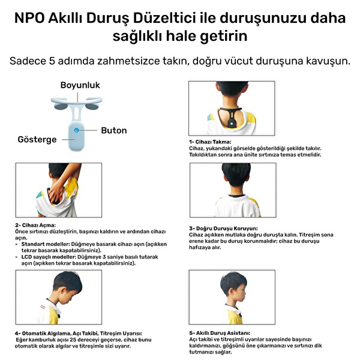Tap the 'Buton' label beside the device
pyautogui.click(x=113, y=130)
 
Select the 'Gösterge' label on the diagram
pyautogui.click(x=37, y=140)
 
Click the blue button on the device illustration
pyautogui.click(x=77, y=130)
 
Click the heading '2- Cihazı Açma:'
pyautogui.click(x=35, y=225)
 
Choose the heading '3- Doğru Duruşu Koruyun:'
pyautogui.click(x=223, y=229)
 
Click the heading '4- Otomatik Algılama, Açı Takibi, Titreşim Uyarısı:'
pyautogui.click(x=79, y=334)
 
